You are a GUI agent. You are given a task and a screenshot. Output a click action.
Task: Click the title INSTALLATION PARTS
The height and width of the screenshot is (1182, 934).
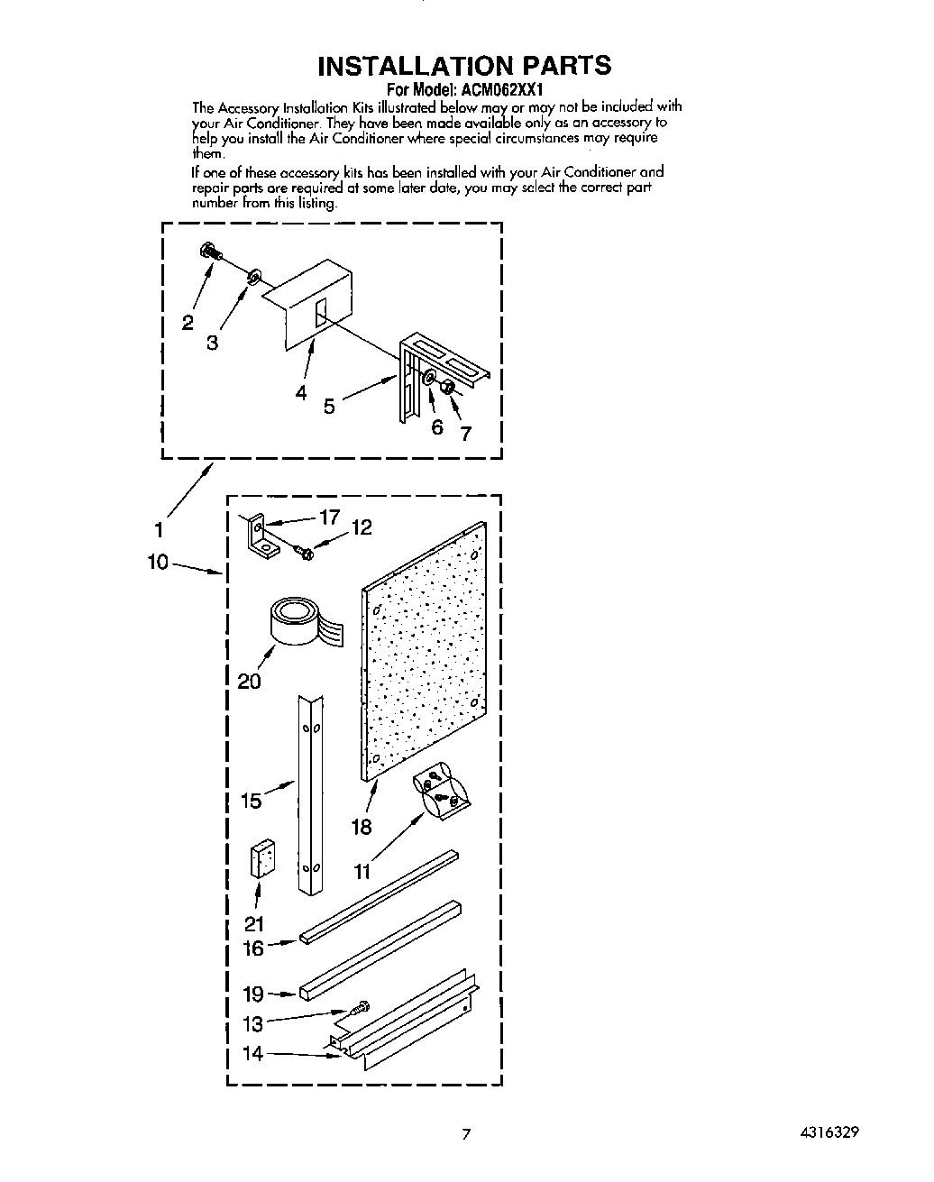click(464, 65)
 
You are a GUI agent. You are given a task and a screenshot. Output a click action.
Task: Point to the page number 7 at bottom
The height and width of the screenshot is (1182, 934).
click(466, 1134)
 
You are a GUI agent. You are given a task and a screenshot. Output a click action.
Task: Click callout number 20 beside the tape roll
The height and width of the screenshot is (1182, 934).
click(249, 681)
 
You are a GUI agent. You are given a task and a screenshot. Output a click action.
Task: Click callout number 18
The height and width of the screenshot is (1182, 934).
click(362, 826)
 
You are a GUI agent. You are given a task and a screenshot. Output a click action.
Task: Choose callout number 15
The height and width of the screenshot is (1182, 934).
click(252, 800)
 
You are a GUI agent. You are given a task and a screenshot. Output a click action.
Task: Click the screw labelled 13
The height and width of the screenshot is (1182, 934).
click(362, 1005)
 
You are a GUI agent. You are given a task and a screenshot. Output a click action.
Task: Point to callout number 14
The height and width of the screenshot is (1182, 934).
click(253, 1052)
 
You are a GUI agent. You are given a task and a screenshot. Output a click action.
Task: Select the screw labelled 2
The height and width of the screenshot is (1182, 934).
click(208, 252)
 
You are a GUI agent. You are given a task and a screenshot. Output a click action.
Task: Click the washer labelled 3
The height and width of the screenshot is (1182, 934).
click(253, 272)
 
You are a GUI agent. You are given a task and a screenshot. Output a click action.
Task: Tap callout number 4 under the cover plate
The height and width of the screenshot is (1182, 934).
click(300, 392)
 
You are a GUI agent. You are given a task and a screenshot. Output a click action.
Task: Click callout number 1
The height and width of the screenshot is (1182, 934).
click(159, 531)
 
